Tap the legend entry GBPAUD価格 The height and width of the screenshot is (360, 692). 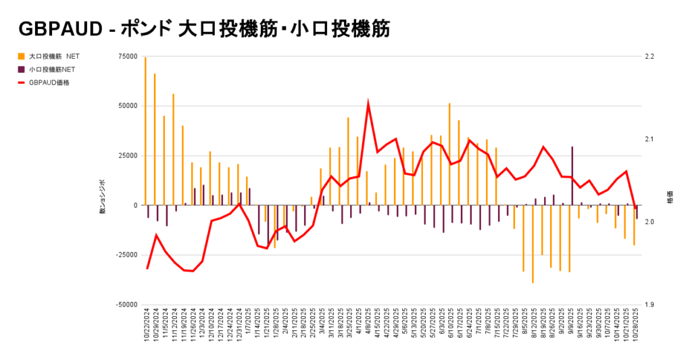pyautogui.click(x=49, y=82)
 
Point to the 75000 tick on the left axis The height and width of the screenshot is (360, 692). pyautogui.click(x=127, y=56)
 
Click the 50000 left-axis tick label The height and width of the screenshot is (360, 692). pyautogui.click(x=127, y=106)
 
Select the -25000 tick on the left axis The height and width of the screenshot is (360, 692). pyautogui.click(x=126, y=255)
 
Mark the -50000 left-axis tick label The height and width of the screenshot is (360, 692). pyautogui.click(x=126, y=305)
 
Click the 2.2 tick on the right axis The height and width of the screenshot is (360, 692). pyautogui.click(x=649, y=56)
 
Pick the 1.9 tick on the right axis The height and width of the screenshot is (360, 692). pyautogui.click(x=649, y=305)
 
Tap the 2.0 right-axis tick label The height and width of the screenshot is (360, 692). pyautogui.click(x=649, y=222)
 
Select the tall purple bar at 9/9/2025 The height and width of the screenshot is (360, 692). pyautogui.click(x=572, y=176)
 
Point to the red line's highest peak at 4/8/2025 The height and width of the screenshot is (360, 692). pyautogui.click(x=368, y=104)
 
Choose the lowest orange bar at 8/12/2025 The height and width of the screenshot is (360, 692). pyautogui.click(x=533, y=244)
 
